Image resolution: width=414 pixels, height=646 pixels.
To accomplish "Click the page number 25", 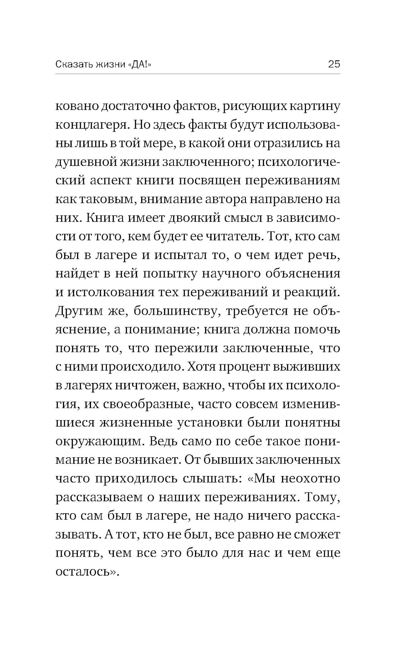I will point(334,64).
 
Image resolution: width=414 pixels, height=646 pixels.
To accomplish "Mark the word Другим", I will point(77,311).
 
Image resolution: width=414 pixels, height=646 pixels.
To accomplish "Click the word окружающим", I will point(98,441).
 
